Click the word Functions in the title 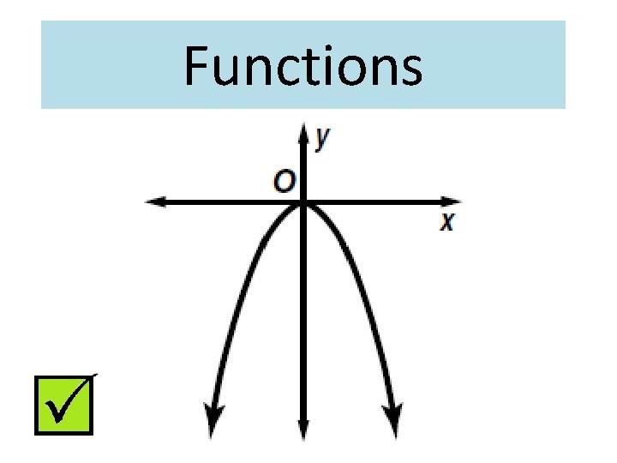point(303,66)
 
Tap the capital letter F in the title point(196,67)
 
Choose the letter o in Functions point(346,71)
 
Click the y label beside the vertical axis point(322,137)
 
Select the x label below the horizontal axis point(446,222)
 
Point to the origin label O point(285,182)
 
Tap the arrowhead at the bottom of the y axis point(303,431)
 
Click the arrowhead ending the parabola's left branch point(210,425)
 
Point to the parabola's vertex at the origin point(303,203)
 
